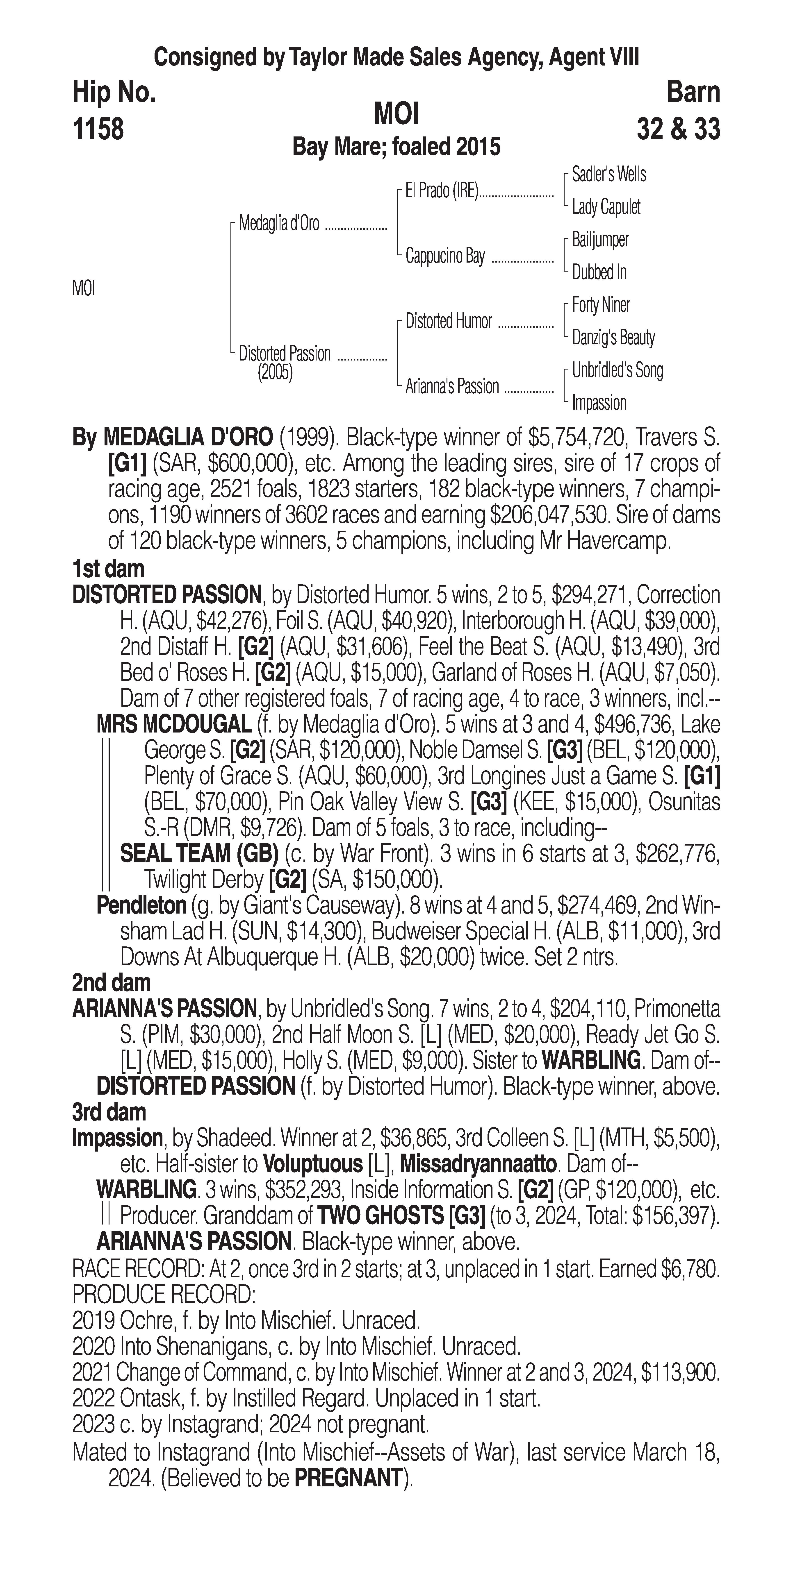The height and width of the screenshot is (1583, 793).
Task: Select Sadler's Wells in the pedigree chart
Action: (x=608, y=175)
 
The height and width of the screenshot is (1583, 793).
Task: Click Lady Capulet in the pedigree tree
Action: (x=606, y=207)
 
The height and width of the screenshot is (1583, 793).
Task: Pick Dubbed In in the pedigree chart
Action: (x=599, y=272)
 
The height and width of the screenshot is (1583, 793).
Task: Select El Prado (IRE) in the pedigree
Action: (x=441, y=191)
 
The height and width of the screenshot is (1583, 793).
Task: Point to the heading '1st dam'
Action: (x=108, y=569)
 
